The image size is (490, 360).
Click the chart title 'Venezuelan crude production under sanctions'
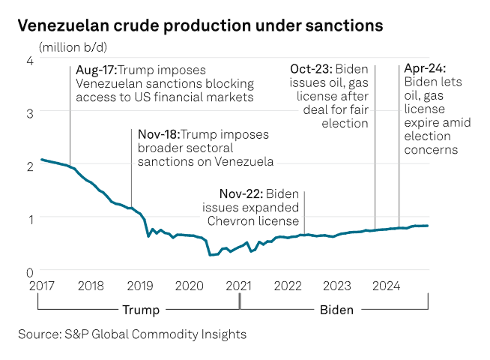(200, 25)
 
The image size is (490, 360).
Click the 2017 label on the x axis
(42, 286)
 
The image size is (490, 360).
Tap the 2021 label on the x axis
(239, 286)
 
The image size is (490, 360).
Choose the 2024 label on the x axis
(387, 286)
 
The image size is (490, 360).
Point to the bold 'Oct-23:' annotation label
(312, 70)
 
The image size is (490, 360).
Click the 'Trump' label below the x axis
(140, 309)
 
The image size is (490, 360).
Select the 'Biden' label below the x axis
(336, 309)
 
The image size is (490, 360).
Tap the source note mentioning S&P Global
(132, 334)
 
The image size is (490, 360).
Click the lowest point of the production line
(211, 255)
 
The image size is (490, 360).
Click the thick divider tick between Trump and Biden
(240, 301)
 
